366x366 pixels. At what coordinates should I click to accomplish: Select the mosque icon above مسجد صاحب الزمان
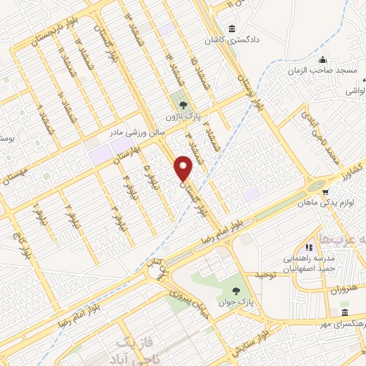click(x=322, y=60)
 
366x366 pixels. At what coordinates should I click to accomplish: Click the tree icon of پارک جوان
click(x=236, y=290)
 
